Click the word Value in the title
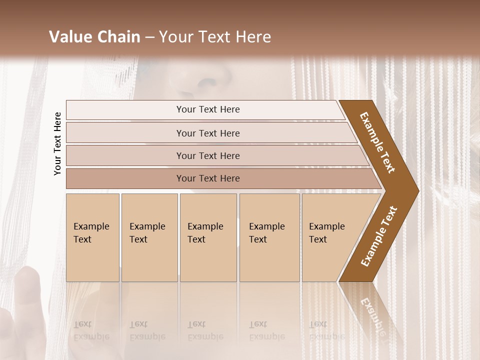pos(69,37)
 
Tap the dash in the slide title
pos(149,37)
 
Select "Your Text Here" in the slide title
pos(215,37)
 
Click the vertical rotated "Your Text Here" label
pos(57,143)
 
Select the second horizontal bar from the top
pos(208,133)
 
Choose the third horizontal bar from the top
pos(208,155)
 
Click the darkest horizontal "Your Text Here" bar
pos(208,178)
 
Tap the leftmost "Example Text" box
pos(92,237)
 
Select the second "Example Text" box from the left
pos(149,237)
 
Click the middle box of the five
pos(208,237)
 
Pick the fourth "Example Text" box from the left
pos(269,237)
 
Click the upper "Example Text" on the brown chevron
pos(377,142)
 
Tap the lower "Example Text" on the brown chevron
pos(379,236)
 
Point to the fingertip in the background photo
pos(27,275)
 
